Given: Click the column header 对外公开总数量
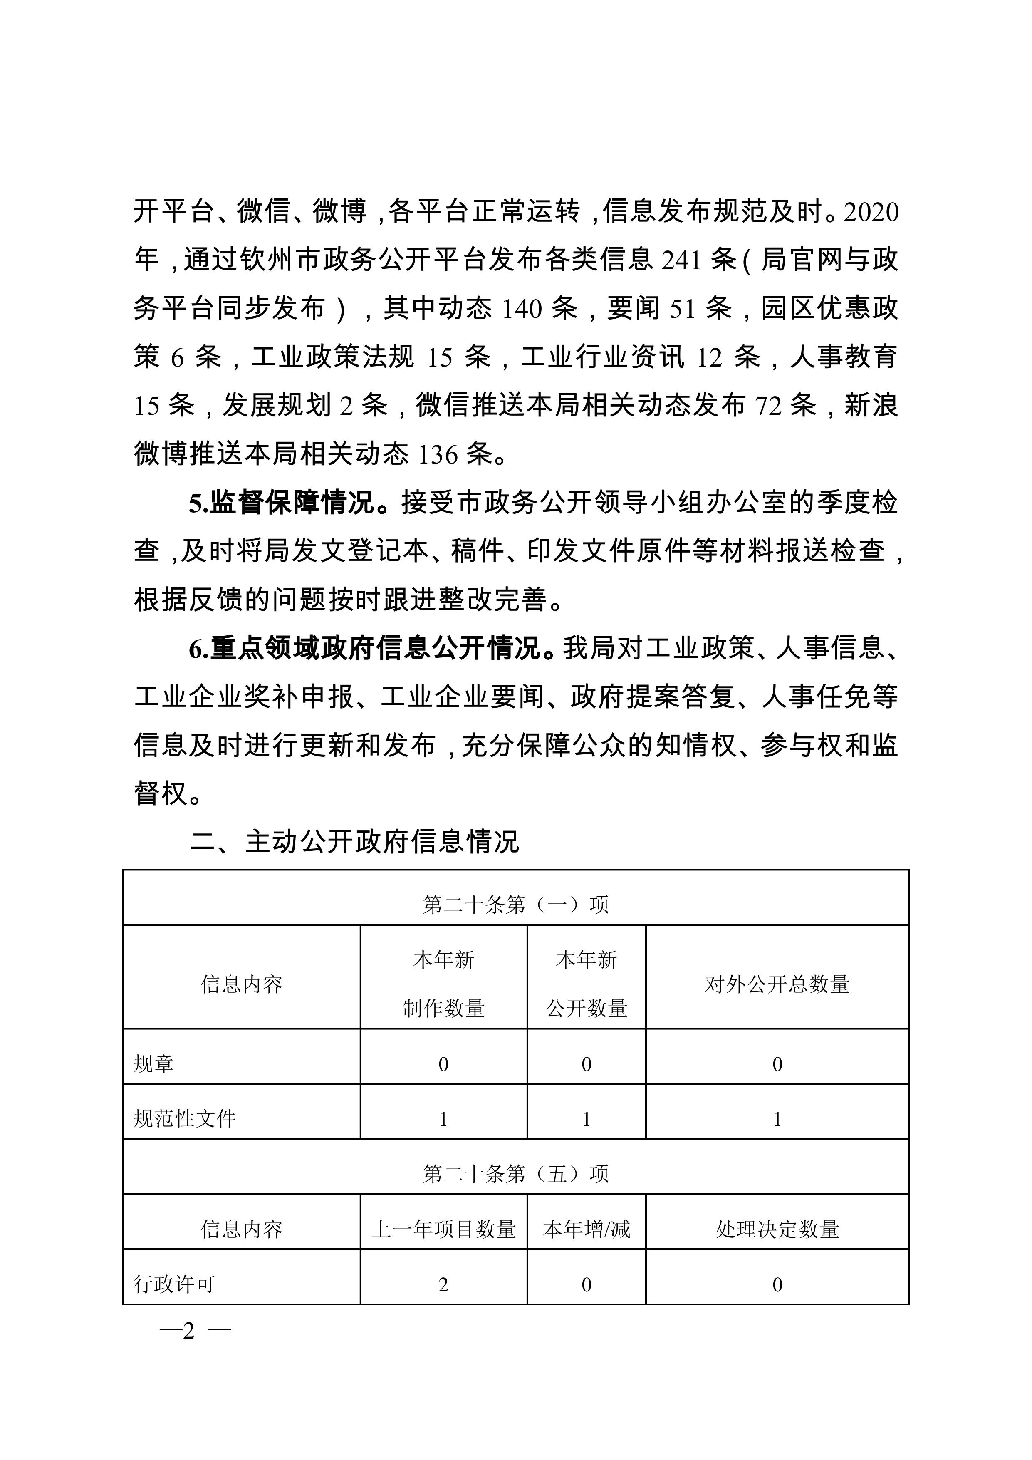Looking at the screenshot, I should pyautogui.click(x=777, y=985).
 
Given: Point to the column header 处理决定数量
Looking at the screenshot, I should pyautogui.click(x=777, y=1229).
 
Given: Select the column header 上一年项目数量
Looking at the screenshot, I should pyautogui.click(x=443, y=1229).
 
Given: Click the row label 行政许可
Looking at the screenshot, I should pyautogui.click(x=174, y=1284).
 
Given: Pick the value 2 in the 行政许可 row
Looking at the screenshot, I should pyautogui.click(x=443, y=1284).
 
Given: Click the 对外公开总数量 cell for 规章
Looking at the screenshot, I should pyautogui.click(x=777, y=1064).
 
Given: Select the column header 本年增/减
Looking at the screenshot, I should pyautogui.click(x=586, y=1229).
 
